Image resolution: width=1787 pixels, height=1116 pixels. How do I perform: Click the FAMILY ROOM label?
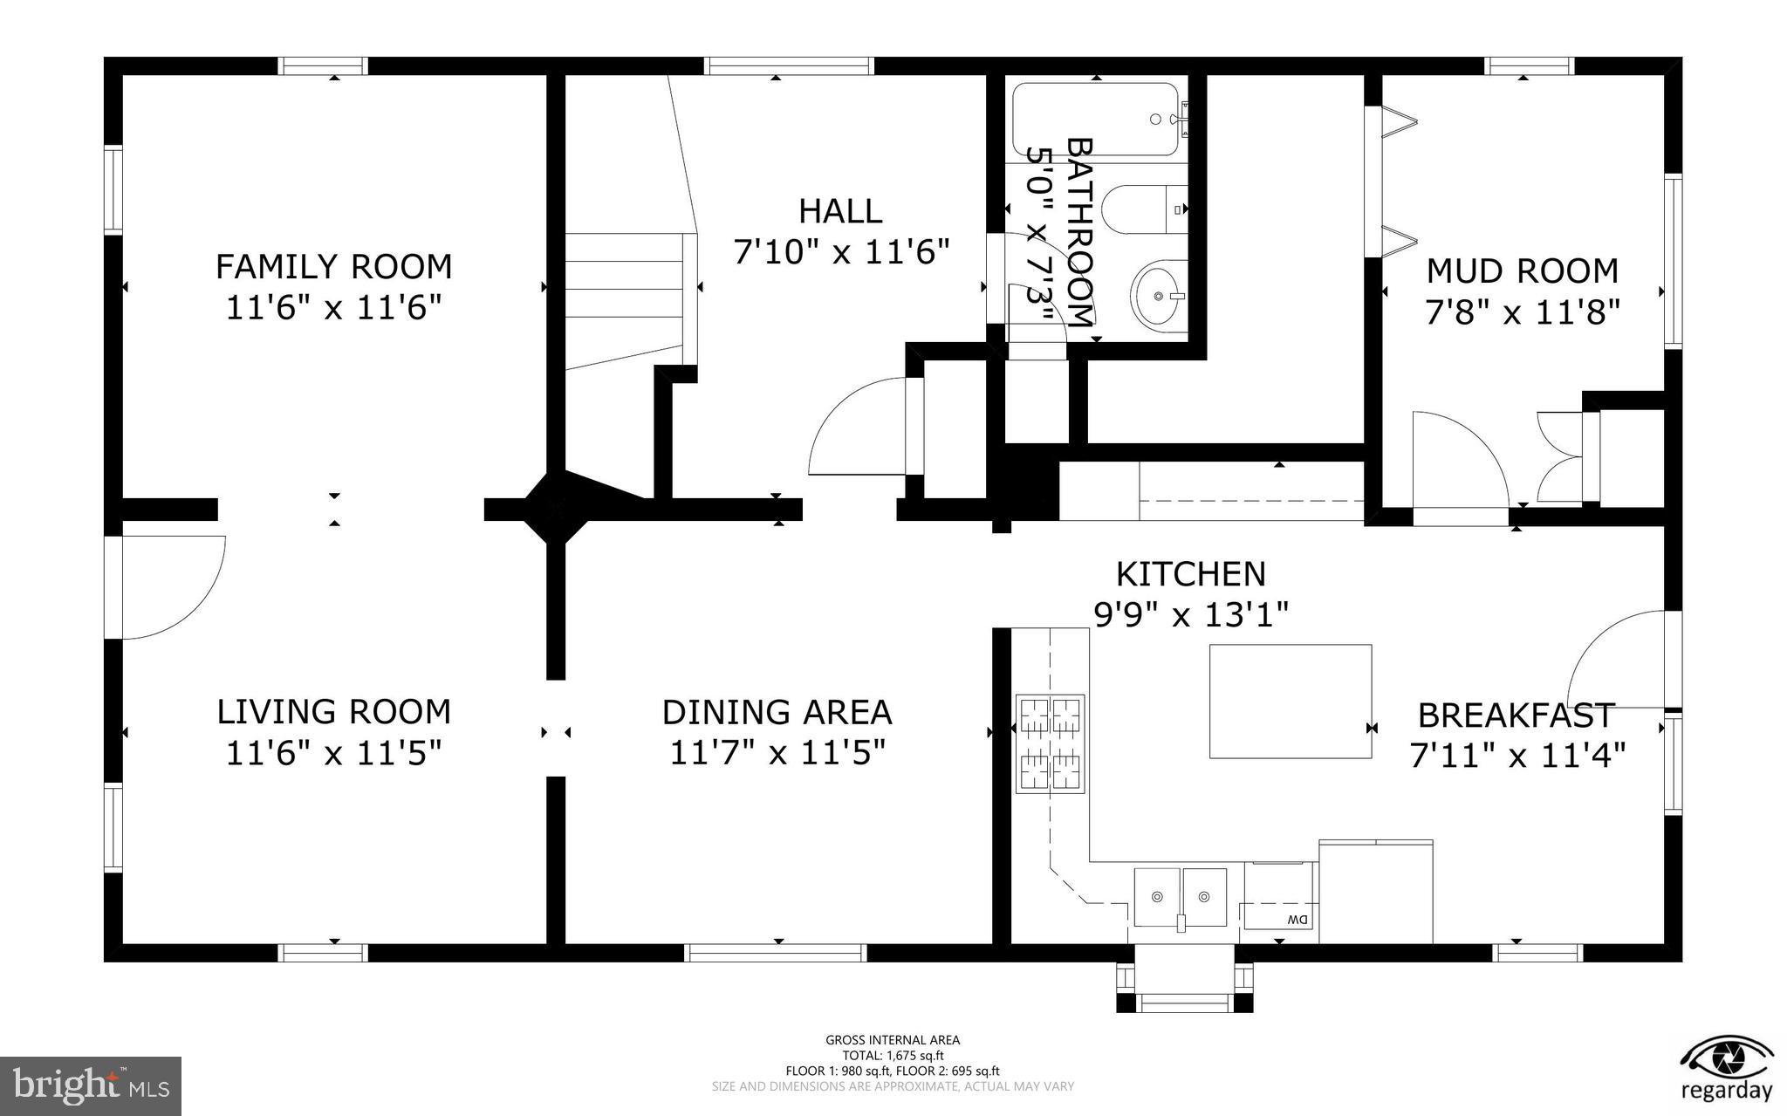[x=333, y=266]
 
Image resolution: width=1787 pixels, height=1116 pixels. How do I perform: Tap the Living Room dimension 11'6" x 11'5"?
[x=333, y=753]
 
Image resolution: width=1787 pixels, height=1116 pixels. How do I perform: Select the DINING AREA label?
[x=777, y=713]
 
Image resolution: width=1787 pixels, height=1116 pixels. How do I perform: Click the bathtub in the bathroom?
[x=1095, y=120]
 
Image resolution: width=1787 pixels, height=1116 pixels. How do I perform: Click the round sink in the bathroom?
[x=1159, y=296]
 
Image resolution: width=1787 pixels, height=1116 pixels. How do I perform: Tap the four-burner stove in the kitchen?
[x=1050, y=744]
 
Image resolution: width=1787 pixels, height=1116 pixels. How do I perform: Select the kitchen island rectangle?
[x=1290, y=702]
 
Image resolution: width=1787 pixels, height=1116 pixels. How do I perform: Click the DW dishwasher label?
[x=1297, y=920]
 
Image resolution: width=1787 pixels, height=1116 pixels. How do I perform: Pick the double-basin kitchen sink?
[x=1180, y=897]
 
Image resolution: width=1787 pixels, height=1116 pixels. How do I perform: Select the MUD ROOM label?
[x=1522, y=271]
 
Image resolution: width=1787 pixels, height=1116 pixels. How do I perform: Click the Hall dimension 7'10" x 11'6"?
[x=840, y=253]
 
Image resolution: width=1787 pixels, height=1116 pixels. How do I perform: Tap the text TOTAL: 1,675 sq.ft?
[x=893, y=1056]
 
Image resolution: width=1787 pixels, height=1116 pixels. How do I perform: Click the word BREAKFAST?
[x=1517, y=715]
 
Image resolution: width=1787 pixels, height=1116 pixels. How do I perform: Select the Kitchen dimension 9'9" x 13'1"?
[x=1191, y=616]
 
